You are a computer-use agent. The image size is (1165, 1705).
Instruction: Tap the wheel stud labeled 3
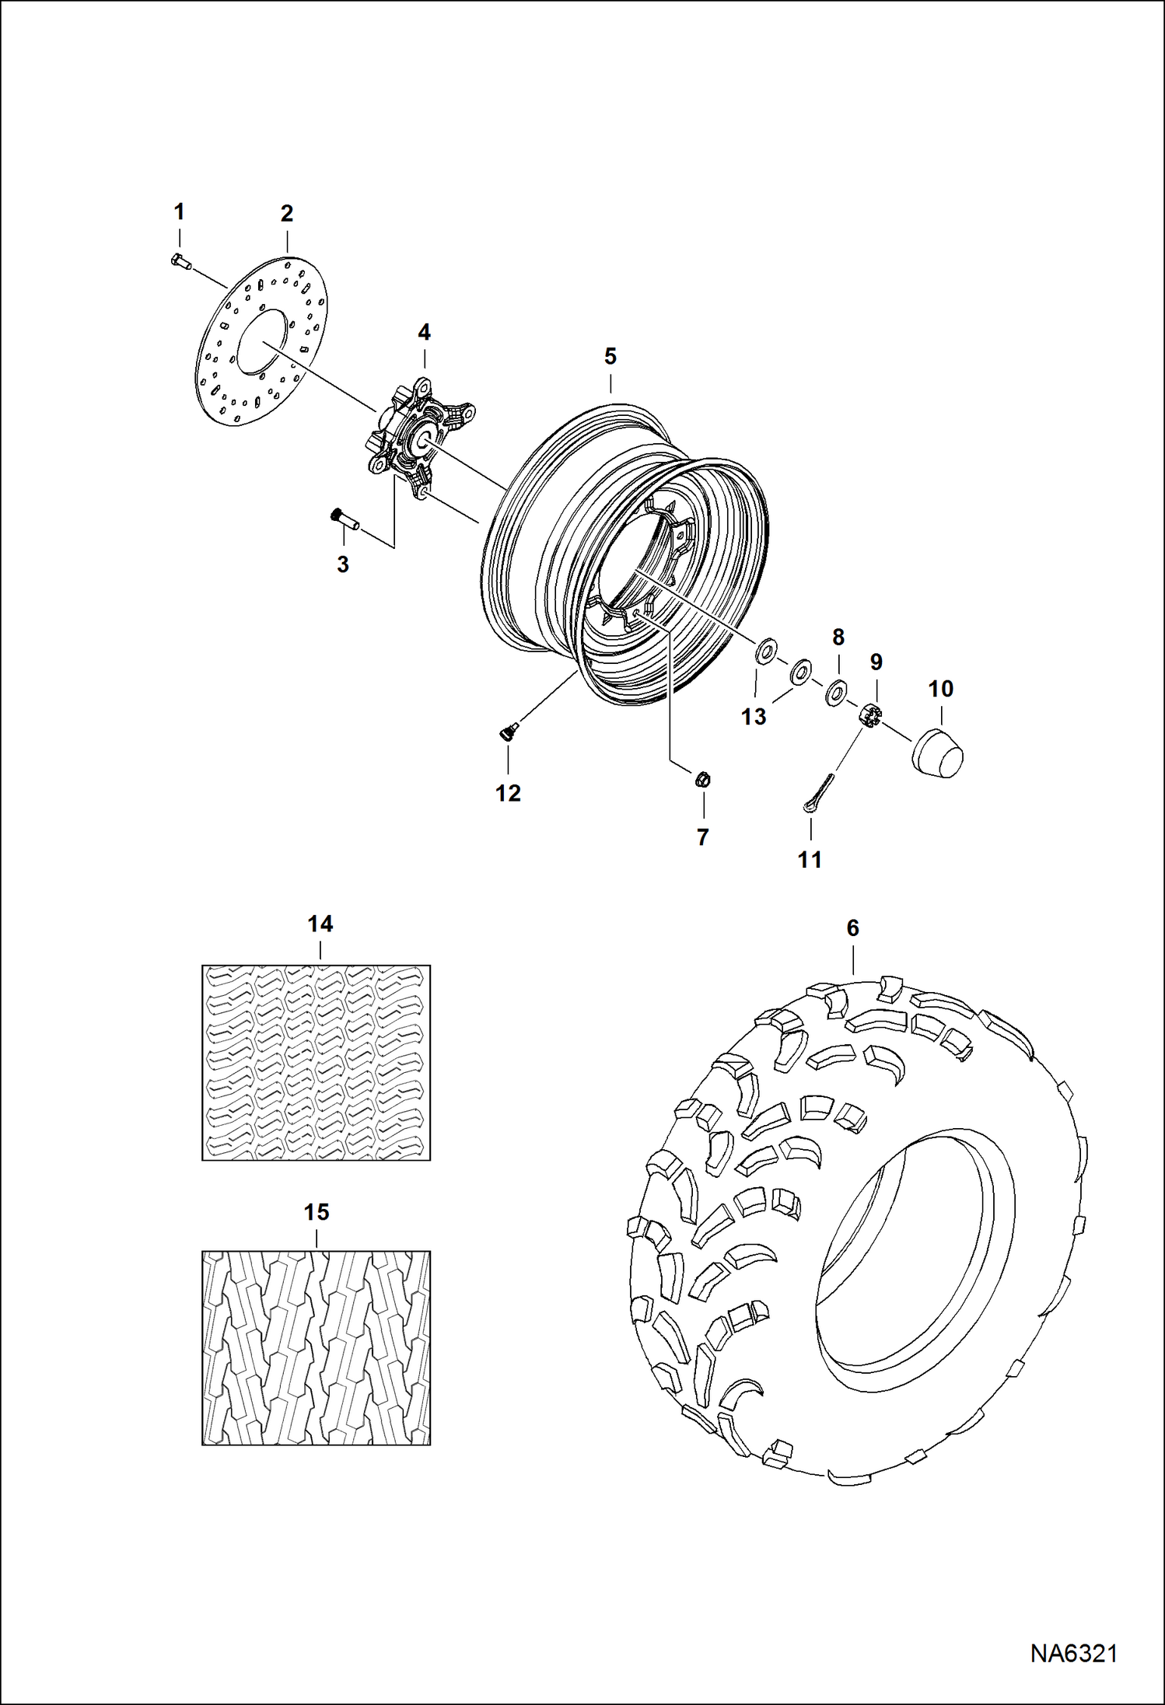point(345,519)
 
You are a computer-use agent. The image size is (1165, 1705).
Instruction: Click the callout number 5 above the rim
point(610,357)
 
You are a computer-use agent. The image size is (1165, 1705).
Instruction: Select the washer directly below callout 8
point(837,690)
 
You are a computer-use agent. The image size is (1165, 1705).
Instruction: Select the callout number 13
point(753,717)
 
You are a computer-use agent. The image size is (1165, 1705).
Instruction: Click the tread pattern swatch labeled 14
point(316,1062)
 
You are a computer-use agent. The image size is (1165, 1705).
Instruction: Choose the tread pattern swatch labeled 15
point(316,1347)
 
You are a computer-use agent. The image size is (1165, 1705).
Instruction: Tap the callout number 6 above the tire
point(852,928)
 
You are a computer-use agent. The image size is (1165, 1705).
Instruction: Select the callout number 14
point(320,924)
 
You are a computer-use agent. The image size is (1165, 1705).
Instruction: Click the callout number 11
point(810,859)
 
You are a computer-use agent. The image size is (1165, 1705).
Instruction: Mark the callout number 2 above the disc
point(286,213)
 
